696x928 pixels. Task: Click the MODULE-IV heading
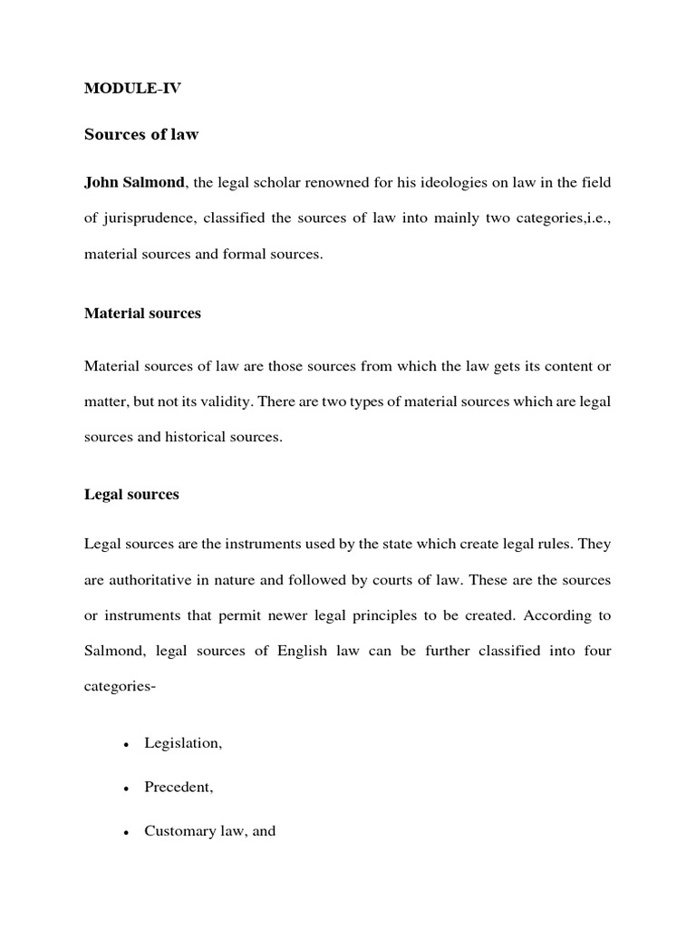click(132, 89)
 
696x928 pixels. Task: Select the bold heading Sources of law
click(141, 135)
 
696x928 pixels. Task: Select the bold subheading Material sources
click(142, 314)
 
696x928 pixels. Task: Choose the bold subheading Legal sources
click(131, 495)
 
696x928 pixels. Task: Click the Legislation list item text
click(182, 743)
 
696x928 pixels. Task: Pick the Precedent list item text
click(179, 788)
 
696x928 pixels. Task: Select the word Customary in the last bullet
click(175, 831)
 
